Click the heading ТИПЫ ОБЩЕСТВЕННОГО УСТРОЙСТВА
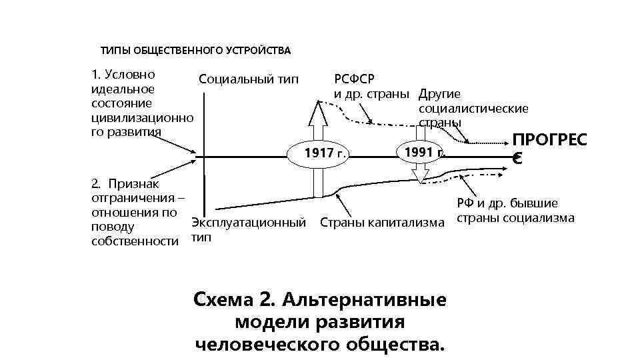(x=195, y=51)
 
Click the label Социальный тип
(x=249, y=79)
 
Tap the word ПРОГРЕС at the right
(x=549, y=141)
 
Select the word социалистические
(x=473, y=108)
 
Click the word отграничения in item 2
(x=131, y=197)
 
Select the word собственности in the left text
(x=135, y=241)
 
